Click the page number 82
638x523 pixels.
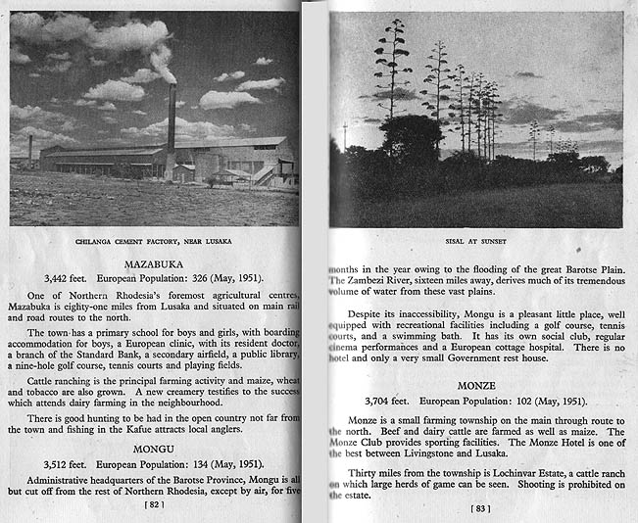click(152, 505)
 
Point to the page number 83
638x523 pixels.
click(479, 508)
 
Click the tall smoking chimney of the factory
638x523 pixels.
click(171, 122)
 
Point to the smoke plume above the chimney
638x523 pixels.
click(163, 62)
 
